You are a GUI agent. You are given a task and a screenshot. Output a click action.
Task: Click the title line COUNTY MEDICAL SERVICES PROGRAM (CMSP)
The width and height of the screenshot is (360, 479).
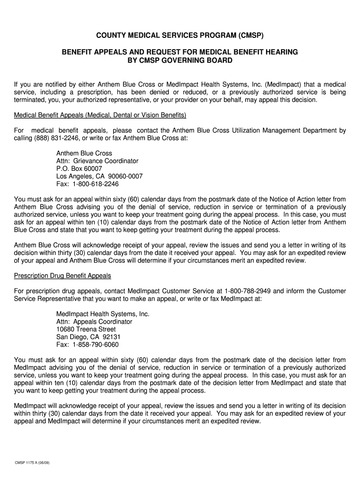pyautogui.click(x=180, y=36)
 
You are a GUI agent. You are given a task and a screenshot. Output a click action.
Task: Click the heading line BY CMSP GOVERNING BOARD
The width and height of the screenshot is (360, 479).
pyautogui.click(x=180, y=61)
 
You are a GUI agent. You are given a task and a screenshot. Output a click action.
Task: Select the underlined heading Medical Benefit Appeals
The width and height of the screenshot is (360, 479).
pyautogui.click(x=101, y=115)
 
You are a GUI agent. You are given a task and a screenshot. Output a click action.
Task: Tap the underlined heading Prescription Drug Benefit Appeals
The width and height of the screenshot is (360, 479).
pyautogui.click(x=63, y=276)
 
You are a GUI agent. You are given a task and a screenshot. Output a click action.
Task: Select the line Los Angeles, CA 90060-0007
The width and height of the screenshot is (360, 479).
pyautogui.click(x=100, y=176)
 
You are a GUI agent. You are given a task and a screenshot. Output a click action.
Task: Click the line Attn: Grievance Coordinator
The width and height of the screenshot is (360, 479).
pyautogui.click(x=97, y=161)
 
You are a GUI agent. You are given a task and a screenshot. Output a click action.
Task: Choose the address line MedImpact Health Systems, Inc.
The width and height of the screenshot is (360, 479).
pyautogui.click(x=103, y=314)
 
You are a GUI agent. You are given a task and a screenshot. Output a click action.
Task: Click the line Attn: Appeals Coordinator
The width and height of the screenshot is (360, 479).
pyautogui.click(x=94, y=322)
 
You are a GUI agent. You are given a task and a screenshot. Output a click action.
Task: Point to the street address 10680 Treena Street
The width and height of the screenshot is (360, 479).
pyautogui.click(x=86, y=329)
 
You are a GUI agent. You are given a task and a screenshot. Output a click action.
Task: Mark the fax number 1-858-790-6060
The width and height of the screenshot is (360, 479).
pyautogui.click(x=95, y=345)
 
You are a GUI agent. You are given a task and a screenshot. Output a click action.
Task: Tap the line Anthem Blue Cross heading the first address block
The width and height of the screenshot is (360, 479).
pyautogui.click(x=84, y=153)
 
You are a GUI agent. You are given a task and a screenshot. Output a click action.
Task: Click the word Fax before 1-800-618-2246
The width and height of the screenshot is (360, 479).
pyautogui.click(x=63, y=184)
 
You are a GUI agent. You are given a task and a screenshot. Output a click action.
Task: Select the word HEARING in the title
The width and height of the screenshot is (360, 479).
pyautogui.click(x=281, y=52)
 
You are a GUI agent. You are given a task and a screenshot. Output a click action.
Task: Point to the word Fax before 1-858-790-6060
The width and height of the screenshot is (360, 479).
pyautogui.click(x=63, y=345)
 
